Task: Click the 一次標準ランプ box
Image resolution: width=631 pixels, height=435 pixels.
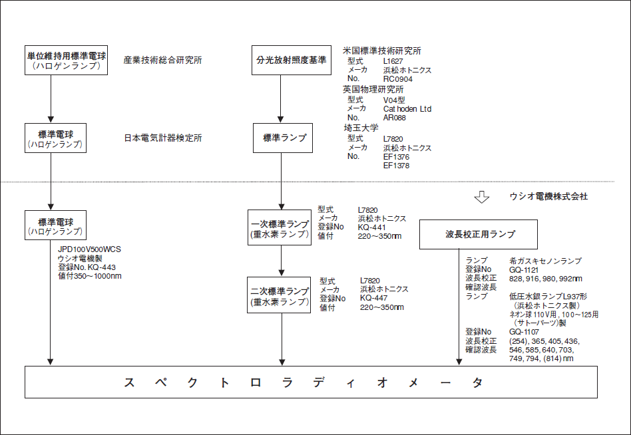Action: coord(280,228)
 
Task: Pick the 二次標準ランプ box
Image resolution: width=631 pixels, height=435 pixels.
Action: coord(280,296)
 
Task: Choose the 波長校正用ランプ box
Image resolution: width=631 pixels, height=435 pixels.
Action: coord(478,235)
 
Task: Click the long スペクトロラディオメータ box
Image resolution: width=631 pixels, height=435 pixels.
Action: coord(310,383)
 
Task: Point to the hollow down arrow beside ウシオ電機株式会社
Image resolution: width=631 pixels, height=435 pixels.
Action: coord(481,198)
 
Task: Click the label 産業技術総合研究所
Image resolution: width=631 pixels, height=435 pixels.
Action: coord(163,61)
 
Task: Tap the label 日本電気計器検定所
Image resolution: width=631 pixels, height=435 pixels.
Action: coord(163,138)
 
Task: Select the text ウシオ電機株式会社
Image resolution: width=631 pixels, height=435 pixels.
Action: coord(548,197)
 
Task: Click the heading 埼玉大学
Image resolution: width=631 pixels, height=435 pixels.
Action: coord(360,128)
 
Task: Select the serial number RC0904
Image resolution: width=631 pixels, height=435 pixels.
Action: coord(399,79)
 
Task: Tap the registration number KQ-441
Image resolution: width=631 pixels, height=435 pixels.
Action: coord(371,227)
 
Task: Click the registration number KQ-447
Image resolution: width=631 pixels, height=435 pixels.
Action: coord(373,299)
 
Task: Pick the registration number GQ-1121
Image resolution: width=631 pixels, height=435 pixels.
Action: coord(525,270)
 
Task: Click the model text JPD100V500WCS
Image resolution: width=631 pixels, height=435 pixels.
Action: coord(90,250)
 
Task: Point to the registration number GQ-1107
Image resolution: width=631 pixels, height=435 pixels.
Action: coord(525,331)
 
